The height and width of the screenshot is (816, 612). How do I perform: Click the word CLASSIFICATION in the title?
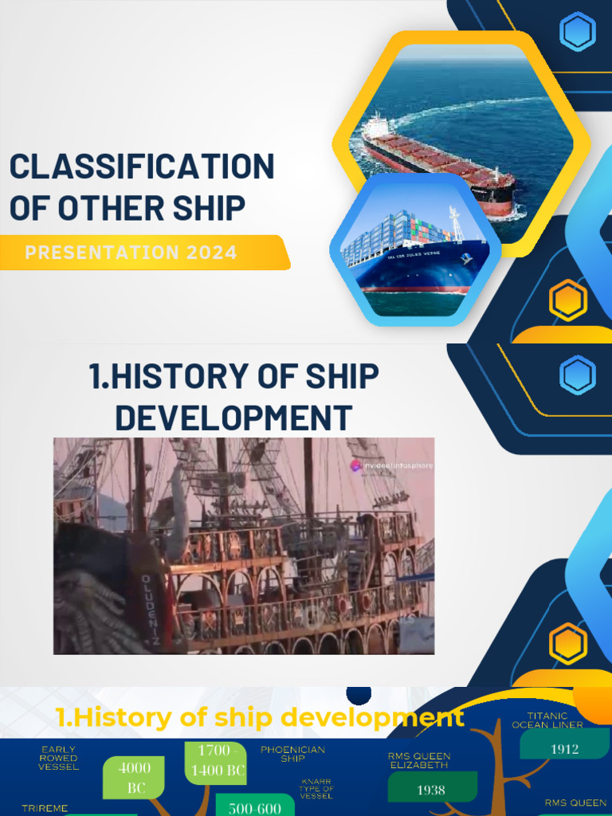click(x=142, y=168)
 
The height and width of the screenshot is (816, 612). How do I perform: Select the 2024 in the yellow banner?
click(x=211, y=253)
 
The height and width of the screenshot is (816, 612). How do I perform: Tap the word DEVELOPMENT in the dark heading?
click(x=233, y=418)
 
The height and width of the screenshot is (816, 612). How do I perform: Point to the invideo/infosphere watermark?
click(x=393, y=465)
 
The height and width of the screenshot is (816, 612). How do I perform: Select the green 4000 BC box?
click(x=134, y=777)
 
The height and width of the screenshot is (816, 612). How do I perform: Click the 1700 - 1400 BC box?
click(x=215, y=762)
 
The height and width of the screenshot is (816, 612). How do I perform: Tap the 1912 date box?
click(x=564, y=748)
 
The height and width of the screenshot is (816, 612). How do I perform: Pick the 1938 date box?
click(x=431, y=789)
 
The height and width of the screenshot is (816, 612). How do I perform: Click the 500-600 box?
click(x=255, y=806)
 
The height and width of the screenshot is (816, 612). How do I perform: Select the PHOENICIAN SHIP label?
click(x=292, y=754)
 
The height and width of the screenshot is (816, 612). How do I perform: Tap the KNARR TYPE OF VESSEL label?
click(x=316, y=788)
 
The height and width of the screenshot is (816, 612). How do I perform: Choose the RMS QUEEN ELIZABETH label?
click(x=419, y=759)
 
